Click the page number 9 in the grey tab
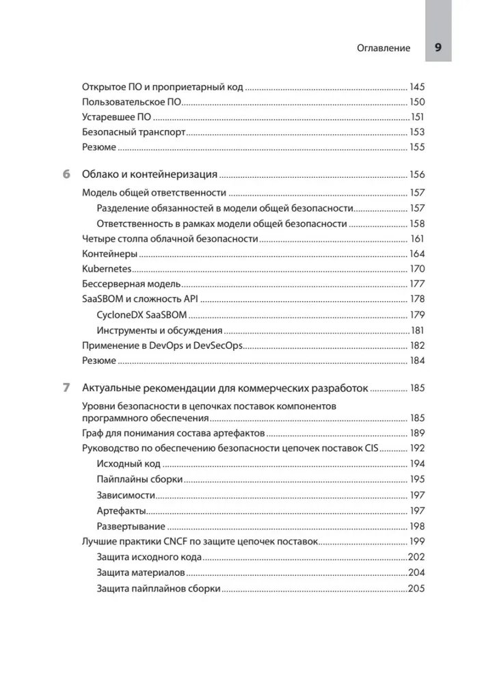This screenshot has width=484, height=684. (438, 48)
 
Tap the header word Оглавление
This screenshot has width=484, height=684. (384, 49)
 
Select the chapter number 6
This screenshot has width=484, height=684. (66, 174)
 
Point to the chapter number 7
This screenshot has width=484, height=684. (66, 388)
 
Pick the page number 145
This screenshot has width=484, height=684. (417, 88)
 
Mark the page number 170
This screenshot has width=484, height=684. (417, 269)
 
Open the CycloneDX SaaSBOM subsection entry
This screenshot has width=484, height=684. (142, 315)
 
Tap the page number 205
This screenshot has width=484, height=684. (416, 588)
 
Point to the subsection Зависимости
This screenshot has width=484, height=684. (126, 495)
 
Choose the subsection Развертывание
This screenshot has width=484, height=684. (131, 526)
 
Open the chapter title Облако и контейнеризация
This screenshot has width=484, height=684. (150, 174)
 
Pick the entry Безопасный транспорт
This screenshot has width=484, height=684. (133, 133)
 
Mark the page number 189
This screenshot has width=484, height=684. (417, 433)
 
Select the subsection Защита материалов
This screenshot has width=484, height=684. (140, 573)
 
